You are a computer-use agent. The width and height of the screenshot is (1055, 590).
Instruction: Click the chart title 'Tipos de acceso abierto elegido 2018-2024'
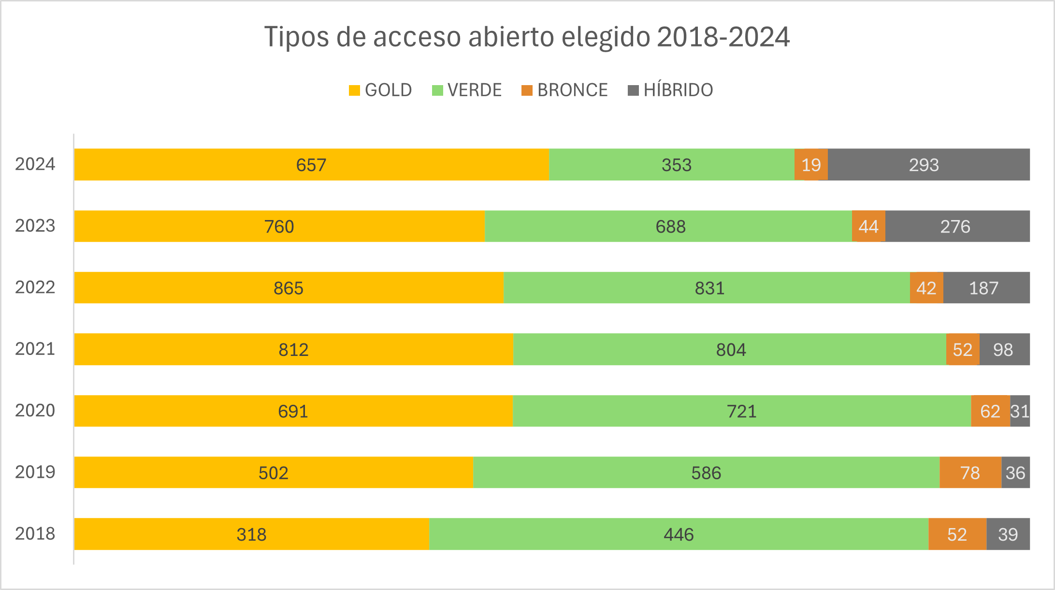527,37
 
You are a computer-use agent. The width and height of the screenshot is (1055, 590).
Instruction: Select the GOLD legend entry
380,90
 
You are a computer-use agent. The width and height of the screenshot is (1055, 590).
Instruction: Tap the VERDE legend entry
467,90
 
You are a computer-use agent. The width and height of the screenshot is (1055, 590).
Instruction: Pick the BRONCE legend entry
564,90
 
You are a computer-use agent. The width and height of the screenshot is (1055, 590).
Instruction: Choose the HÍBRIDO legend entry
670,90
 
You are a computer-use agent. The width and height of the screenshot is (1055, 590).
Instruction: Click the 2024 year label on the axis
35,164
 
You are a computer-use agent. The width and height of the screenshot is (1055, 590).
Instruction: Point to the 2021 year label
35,349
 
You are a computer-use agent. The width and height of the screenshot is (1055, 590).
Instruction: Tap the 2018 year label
35,534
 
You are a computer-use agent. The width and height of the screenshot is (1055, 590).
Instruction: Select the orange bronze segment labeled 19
811,165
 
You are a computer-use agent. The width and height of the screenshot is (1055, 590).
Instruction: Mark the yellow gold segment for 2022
289,288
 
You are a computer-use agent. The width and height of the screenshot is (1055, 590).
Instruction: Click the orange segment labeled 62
990,411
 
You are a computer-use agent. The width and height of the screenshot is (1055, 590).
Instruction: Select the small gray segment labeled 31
1020,411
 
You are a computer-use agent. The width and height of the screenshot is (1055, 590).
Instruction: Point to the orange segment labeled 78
970,472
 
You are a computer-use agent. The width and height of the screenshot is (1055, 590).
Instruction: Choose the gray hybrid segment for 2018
1008,534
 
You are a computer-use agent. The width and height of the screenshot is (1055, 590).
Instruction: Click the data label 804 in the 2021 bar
731,350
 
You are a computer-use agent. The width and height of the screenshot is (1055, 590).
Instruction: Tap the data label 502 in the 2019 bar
273,473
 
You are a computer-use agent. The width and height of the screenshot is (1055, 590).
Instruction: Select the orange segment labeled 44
868,226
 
